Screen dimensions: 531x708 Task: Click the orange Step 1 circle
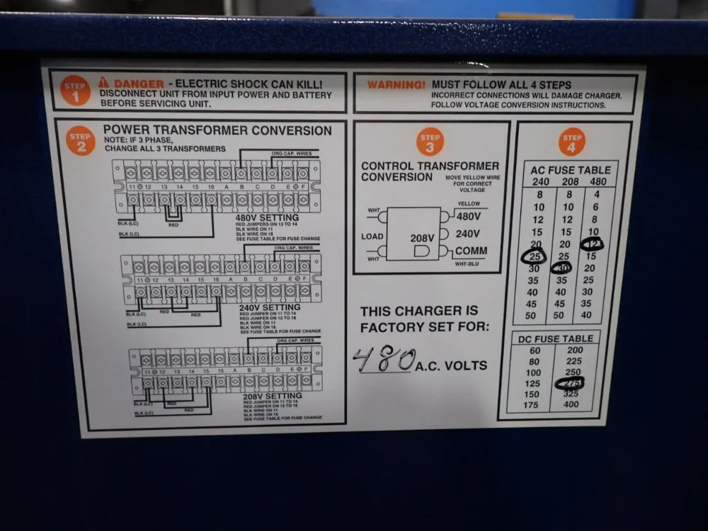pos(76,91)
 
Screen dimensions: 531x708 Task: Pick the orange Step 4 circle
pos(572,141)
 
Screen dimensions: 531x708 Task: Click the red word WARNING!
pos(395,84)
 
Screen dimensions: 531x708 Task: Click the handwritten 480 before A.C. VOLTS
pos(383,361)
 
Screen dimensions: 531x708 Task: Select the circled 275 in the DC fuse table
pos(573,383)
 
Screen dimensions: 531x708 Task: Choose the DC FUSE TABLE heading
pos(556,338)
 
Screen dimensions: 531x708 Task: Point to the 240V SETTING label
pos(270,307)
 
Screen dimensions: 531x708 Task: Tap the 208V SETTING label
pos(273,396)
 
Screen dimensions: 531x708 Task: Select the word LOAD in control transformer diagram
pos(372,236)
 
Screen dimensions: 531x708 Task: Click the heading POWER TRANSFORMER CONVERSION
pos(217,130)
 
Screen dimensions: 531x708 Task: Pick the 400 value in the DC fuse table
pos(571,405)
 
